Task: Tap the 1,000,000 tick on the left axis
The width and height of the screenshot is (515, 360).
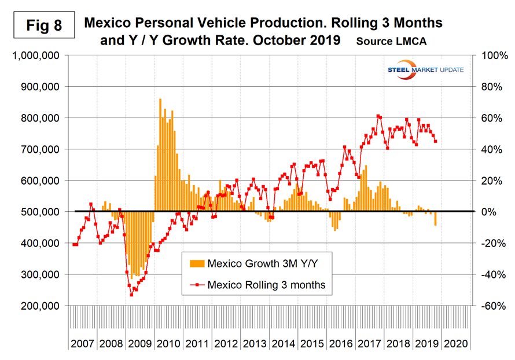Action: point(33,56)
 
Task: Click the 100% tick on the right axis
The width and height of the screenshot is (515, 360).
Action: point(489,56)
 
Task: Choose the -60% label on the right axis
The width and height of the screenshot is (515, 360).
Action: point(489,306)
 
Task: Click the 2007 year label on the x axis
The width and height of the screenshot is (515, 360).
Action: point(83,343)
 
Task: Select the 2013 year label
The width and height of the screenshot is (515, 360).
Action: point(255,343)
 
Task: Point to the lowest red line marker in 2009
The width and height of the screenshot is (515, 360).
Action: point(131,295)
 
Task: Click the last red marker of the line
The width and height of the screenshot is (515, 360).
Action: point(435,141)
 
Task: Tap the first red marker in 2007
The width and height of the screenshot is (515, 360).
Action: point(73,245)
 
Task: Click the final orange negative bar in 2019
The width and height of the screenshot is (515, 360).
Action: point(435,218)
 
